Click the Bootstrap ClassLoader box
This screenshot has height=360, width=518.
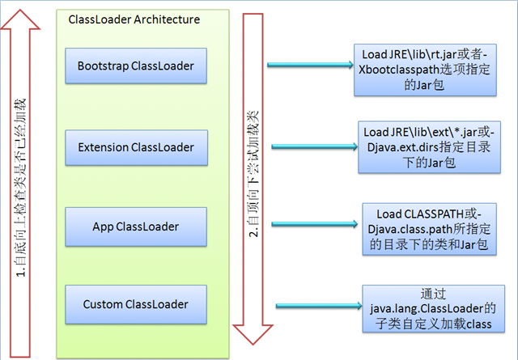[x=136, y=65]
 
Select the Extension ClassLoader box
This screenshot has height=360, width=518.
[x=136, y=147]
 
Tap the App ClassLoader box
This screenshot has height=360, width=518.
[x=136, y=226]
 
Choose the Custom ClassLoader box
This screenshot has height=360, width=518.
[x=136, y=304]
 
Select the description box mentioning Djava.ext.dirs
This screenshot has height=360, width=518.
[x=427, y=147]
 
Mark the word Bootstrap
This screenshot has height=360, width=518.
[x=105, y=65]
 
